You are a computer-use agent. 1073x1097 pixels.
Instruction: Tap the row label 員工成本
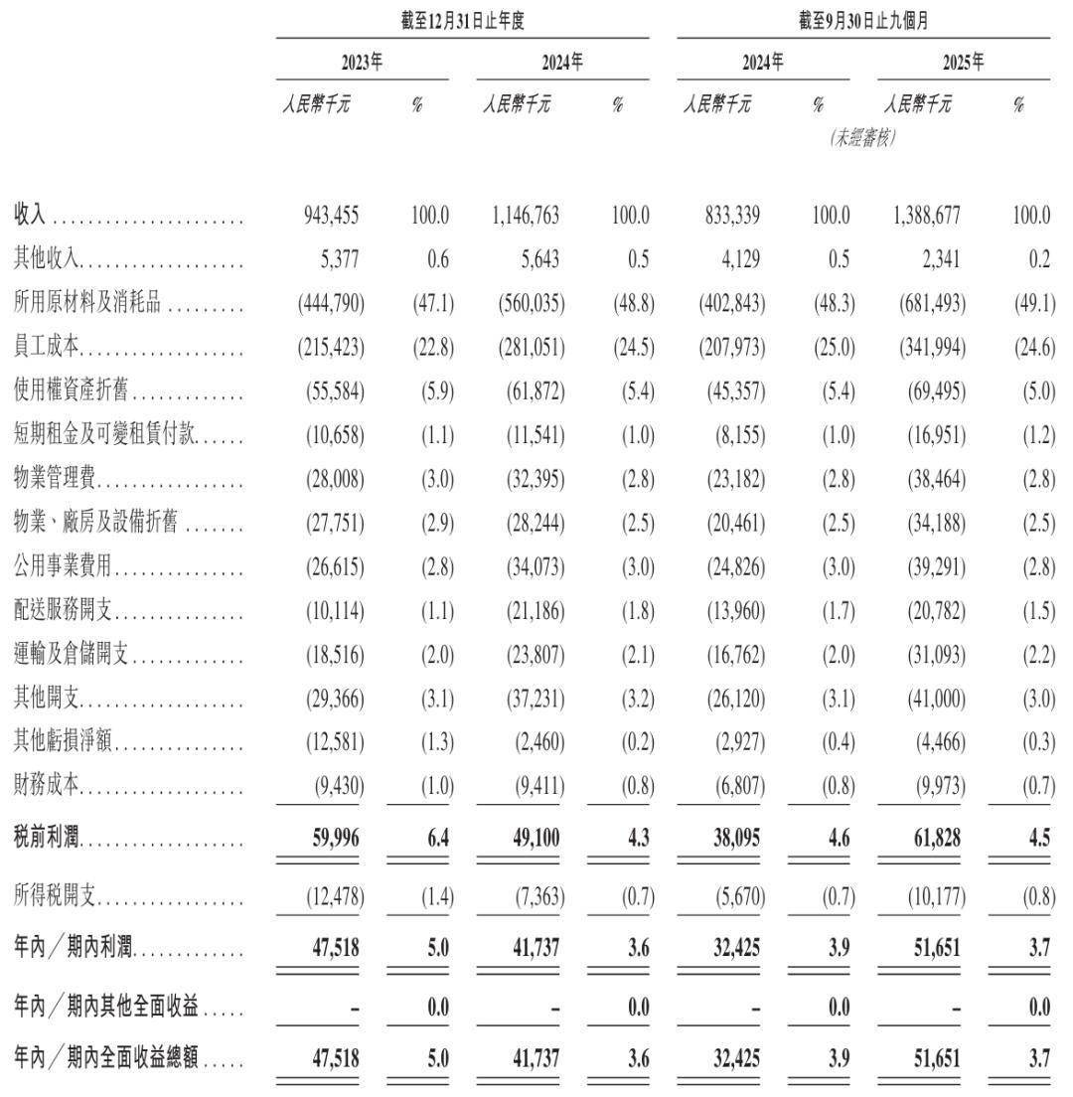pos(48,347)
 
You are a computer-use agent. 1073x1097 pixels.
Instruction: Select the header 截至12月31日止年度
pos(462,19)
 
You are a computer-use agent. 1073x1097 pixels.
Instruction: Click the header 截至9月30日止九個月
pos(863,19)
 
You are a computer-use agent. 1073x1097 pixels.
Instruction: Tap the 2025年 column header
pos(964,63)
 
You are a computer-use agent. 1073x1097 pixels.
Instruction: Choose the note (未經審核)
pos(863,139)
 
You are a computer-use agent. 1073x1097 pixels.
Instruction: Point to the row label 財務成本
pos(48,786)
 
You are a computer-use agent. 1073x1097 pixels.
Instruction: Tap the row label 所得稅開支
pos(55,897)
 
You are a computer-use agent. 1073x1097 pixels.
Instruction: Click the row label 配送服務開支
pos(62,610)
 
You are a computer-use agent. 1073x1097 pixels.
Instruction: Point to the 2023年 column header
pos(362,63)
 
